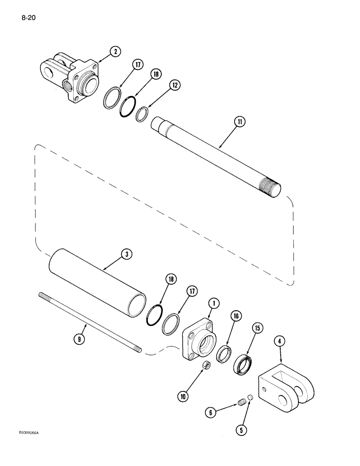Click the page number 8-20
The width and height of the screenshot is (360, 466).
click(x=29, y=19)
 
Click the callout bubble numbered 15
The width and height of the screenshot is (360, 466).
click(x=256, y=329)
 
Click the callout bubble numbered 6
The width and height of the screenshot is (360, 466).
click(x=210, y=412)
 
